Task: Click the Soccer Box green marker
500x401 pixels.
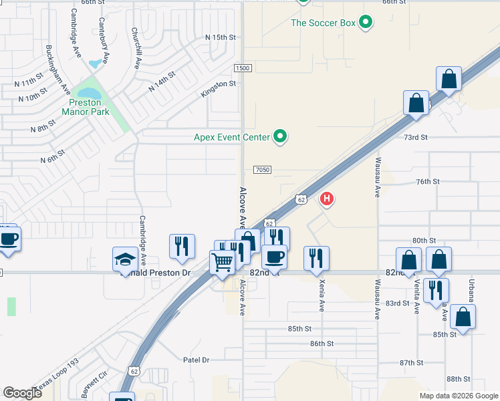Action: pyautogui.click(x=366, y=23)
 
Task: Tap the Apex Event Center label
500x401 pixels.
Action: pyautogui.click(x=231, y=138)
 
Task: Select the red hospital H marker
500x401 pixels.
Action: pyautogui.click(x=327, y=198)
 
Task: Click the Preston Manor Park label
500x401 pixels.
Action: pyautogui.click(x=86, y=108)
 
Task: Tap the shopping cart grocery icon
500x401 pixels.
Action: pyautogui.click(x=221, y=261)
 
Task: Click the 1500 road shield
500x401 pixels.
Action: pyautogui.click(x=243, y=69)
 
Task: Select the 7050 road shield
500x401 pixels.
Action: pyautogui.click(x=262, y=170)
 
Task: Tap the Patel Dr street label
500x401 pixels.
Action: pyautogui.click(x=197, y=360)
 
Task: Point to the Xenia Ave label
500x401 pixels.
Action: pyautogui.click(x=322, y=296)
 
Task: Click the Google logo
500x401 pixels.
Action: pyautogui.click(x=22, y=393)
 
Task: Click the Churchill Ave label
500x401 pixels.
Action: pyautogui.click(x=136, y=49)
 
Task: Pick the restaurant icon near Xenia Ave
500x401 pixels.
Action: pyautogui.click(x=316, y=257)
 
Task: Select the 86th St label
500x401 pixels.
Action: pyautogui.click(x=322, y=344)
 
